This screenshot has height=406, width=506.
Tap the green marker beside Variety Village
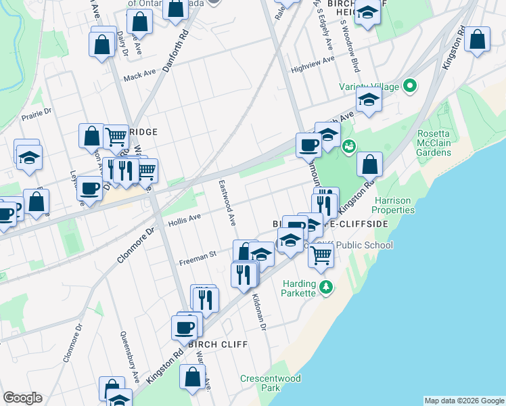pyautogui.click(x=409, y=86)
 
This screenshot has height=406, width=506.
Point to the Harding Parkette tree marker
pyautogui.click(x=326, y=287)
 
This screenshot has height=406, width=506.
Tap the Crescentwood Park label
pyautogui.click(x=271, y=383)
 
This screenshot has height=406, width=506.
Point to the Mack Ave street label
pyautogui.click(x=139, y=77)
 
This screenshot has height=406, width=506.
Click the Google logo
pyautogui.click(x=22, y=398)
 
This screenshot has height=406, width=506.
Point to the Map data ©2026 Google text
pyautogui.click(x=463, y=401)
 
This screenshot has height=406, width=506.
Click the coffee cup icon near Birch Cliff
pyautogui.click(x=185, y=328)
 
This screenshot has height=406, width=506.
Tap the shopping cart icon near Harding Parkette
pyautogui.click(x=321, y=254)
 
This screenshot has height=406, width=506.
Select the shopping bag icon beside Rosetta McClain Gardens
pyautogui.click(x=369, y=163)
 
